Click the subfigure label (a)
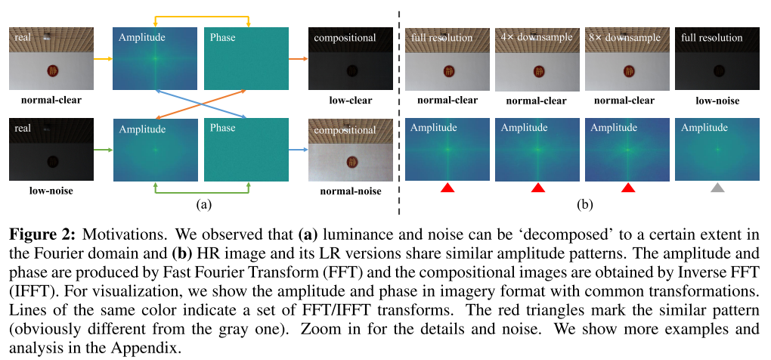203,203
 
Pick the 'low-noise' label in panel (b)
717,100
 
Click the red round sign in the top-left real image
52,70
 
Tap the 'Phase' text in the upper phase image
222,37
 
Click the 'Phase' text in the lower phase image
222,128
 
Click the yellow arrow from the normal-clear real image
102,57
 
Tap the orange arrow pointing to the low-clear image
297,57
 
